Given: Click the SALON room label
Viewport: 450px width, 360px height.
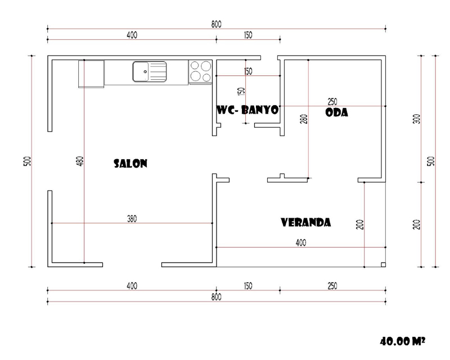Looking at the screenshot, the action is (130, 163).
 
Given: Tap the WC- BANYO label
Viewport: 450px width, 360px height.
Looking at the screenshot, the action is (247, 110).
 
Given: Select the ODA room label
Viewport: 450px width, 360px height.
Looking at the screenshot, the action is (337, 112).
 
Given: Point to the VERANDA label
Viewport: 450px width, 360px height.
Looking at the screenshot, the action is (305, 223).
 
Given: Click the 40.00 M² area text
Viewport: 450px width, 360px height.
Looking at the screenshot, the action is (402, 341).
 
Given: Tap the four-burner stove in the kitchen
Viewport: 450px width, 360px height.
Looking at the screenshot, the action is (201, 72).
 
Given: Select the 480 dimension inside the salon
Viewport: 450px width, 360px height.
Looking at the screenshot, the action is (80, 161).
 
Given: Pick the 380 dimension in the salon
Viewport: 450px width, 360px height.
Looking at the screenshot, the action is (132, 219).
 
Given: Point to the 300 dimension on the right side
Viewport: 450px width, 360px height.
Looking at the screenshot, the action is (417, 119).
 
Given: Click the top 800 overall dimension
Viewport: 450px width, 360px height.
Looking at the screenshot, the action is (217, 24).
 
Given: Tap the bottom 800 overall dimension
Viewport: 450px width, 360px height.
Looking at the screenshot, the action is (217, 297).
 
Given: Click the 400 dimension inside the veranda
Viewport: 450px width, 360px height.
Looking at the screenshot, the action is (301, 243).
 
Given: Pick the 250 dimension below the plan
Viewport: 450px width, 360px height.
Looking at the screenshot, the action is (332, 286).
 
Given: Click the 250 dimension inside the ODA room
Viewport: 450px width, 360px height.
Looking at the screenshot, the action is (332, 102).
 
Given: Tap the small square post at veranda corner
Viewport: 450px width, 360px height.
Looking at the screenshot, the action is (383, 265).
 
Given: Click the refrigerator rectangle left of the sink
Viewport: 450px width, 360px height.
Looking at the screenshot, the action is (91, 74).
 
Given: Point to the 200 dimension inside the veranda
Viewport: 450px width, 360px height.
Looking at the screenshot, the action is (361, 224).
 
